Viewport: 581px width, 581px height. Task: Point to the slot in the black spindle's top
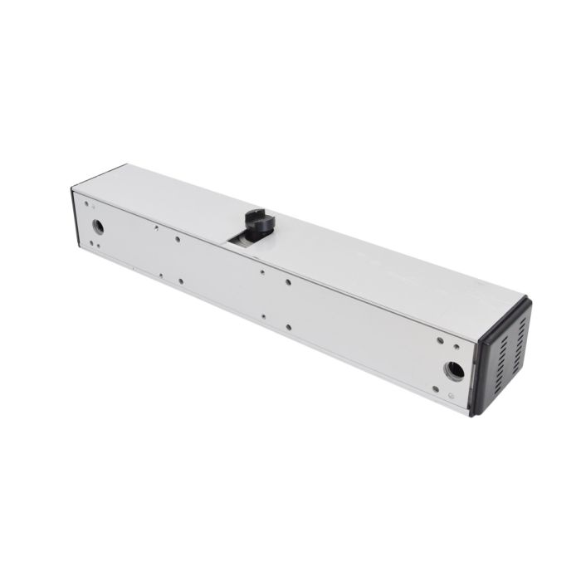pos(255,215)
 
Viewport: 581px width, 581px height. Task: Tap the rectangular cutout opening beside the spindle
pos(241,240)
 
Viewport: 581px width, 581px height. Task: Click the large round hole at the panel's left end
pos(98,226)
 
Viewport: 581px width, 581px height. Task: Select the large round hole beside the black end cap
pos(455,369)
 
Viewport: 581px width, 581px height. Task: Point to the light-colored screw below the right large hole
pos(452,398)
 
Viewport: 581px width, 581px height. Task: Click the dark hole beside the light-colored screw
pos(436,388)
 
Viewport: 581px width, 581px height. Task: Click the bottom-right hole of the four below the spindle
pos(288,326)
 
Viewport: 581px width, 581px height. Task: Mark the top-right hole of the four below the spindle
pos(288,282)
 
